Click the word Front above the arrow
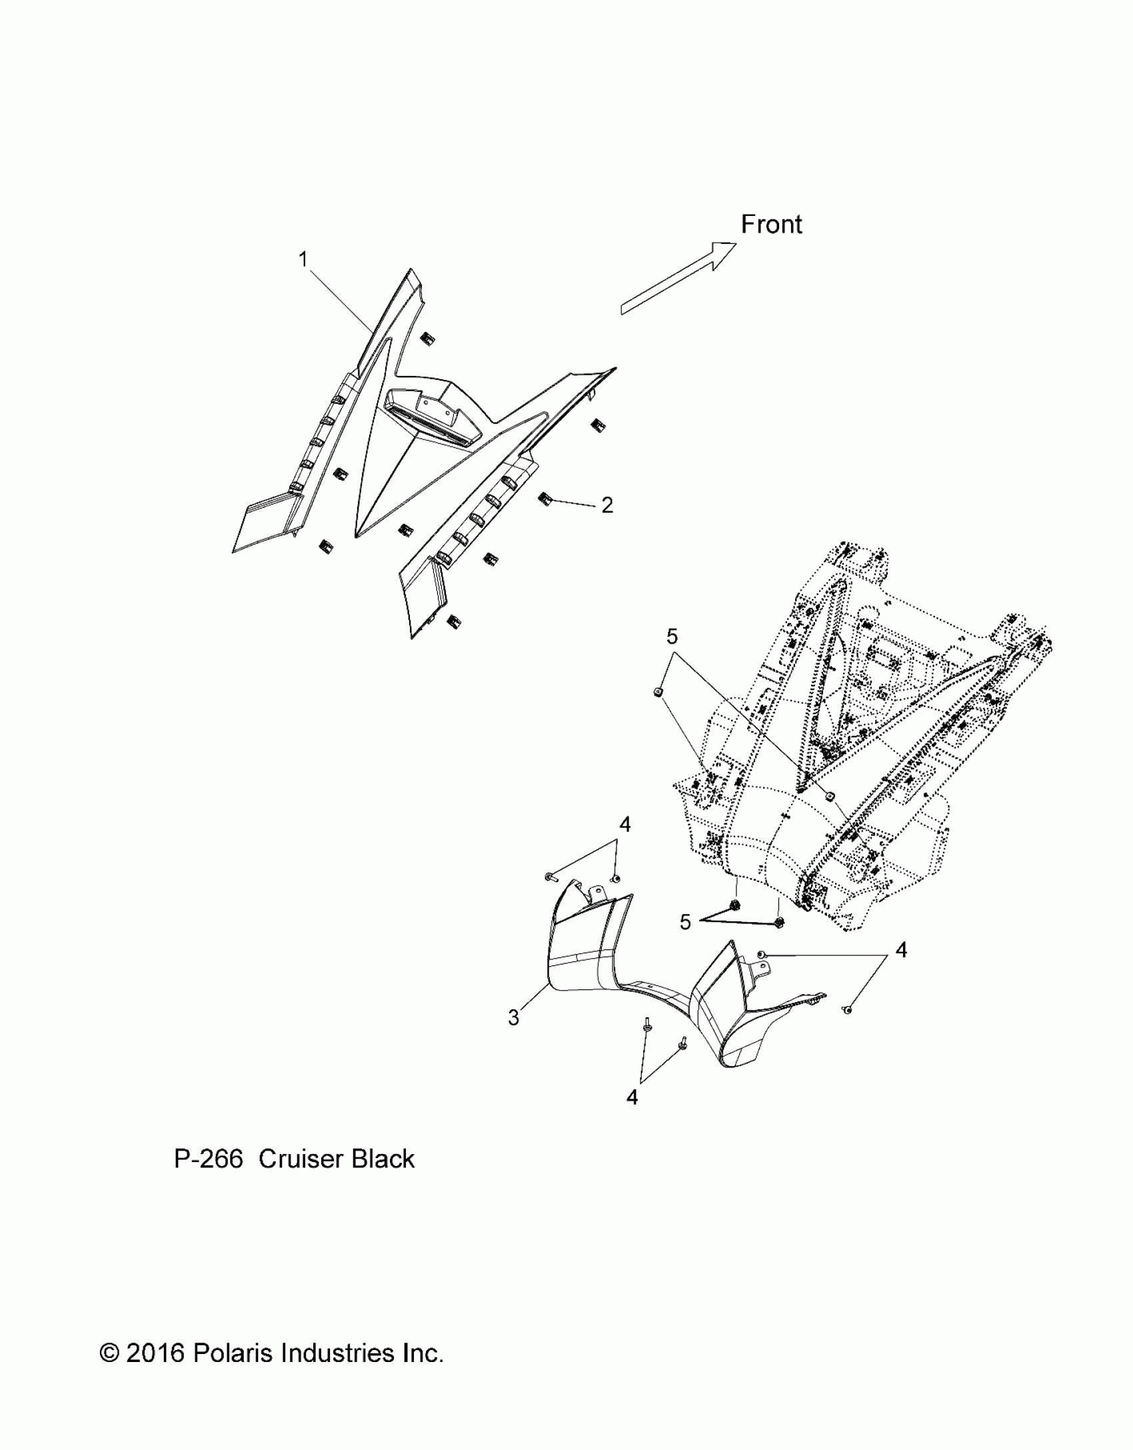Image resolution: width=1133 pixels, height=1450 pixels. (x=771, y=225)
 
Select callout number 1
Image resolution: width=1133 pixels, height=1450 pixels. (x=303, y=259)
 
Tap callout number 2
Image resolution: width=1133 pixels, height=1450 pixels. (x=606, y=505)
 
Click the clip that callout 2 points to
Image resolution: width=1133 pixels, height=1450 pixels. (x=545, y=498)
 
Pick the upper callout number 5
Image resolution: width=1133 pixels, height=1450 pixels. (x=672, y=637)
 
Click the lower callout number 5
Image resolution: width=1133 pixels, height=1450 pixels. (x=685, y=922)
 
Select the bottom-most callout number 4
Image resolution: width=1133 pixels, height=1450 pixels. (x=632, y=1097)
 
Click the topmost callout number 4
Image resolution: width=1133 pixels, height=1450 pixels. (x=624, y=825)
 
